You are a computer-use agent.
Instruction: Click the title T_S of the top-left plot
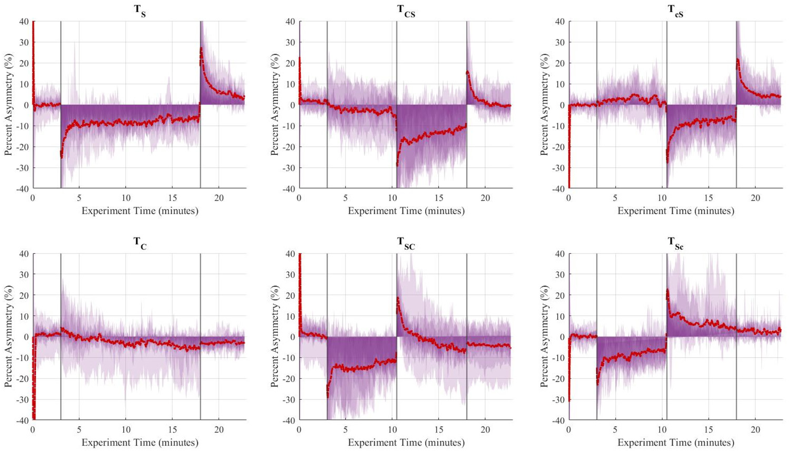click(x=140, y=11)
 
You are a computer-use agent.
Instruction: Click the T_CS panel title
click(x=406, y=11)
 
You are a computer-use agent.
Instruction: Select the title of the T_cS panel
click(x=675, y=11)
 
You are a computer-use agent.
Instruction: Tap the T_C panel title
click(x=140, y=243)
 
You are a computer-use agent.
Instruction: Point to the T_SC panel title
click(x=406, y=243)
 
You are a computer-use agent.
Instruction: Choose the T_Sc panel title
click(x=675, y=243)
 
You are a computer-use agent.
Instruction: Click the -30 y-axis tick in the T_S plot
click(x=23, y=168)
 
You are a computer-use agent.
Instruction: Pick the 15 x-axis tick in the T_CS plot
click(x=438, y=198)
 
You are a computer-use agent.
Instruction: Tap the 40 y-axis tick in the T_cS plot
click(x=560, y=21)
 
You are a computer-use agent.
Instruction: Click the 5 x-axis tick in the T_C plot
click(x=79, y=430)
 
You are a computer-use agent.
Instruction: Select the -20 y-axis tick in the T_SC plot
click(x=289, y=379)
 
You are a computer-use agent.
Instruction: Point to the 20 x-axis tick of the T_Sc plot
click(x=755, y=430)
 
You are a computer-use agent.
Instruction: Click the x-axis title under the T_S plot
click(x=140, y=211)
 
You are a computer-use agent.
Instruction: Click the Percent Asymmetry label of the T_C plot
click(x=8, y=336)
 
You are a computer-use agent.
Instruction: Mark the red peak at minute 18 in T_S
click(x=201, y=49)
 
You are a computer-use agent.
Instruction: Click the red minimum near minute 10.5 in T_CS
click(x=397, y=165)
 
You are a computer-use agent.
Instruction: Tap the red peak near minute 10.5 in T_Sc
click(x=668, y=290)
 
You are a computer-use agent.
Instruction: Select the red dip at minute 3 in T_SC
click(x=328, y=396)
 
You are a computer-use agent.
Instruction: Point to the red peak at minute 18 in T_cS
click(x=737, y=60)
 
